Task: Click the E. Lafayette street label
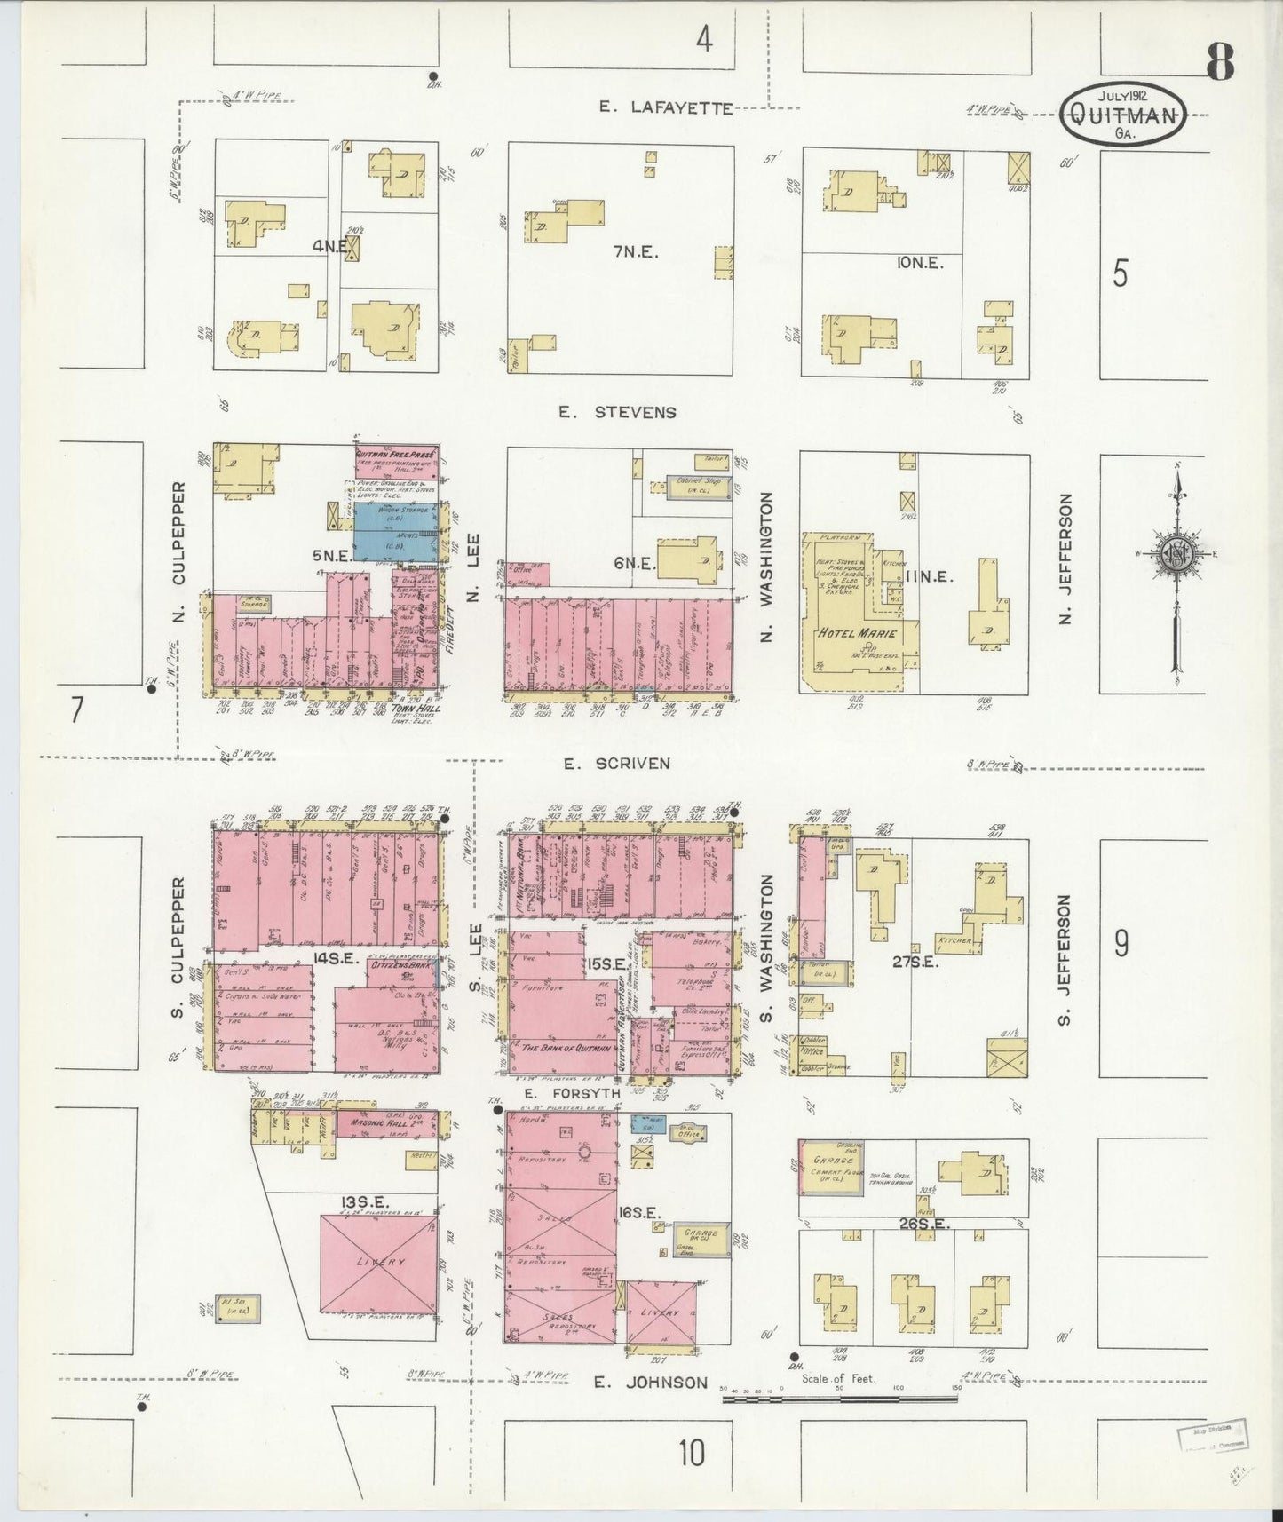665,108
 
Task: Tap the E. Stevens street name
617,412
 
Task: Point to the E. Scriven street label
617,764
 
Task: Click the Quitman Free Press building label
396,451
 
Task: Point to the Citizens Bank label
401,964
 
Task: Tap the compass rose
1177,557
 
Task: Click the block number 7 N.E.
635,252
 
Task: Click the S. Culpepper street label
178,947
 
